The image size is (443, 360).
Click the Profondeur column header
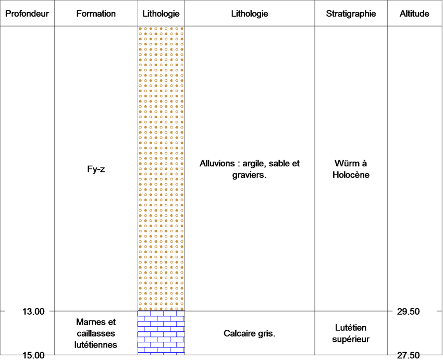click(27, 14)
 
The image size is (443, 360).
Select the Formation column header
click(96, 14)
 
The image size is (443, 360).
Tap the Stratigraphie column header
click(351, 14)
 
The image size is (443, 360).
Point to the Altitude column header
click(414, 14)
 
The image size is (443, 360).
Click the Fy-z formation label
click(96, 169)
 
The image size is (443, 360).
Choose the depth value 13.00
click(33, 312)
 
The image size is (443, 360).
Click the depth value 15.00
click(33, 355)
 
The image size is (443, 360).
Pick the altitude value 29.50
click(408, 312)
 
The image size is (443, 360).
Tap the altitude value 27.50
click(408, 355)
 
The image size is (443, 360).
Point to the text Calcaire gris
click(250, 333)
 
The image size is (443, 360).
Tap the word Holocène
click(351, 175)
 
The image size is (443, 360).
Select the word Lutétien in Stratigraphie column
click(351, 328)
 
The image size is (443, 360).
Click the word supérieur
click(351, 339)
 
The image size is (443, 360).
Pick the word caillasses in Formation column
click(96, 333)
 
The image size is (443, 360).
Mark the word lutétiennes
click(96, 345)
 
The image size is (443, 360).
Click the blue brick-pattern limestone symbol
click(161, 332)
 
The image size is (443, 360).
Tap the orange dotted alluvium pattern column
click(161, 169)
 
